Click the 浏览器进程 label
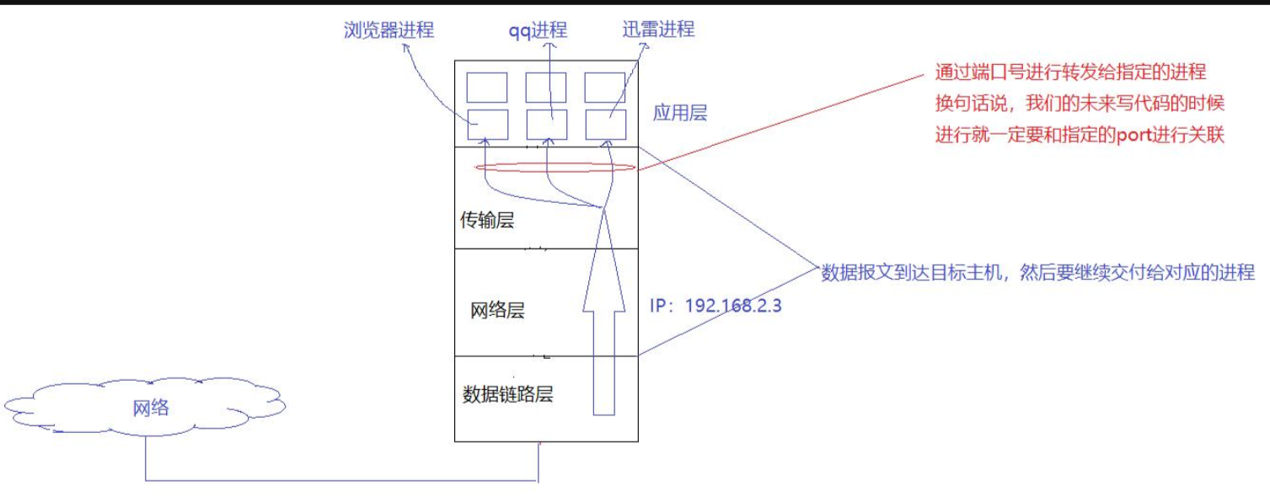point(389,31)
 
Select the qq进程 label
point(536,31)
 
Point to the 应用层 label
point(680,113)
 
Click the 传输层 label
point(486,221)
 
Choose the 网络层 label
point(497,310)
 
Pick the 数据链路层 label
point(507,393)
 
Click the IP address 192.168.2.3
point(715,305)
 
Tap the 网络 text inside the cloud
point(152,409)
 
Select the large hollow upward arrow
point(603,320)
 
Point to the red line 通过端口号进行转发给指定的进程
point(1070,72)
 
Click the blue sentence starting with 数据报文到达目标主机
point(1038,272)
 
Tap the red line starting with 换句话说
point(1079,104)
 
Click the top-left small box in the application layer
point(487,87)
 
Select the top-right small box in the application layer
point(604,87)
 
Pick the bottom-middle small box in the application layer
point(545,125)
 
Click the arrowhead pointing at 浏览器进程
point(405,48)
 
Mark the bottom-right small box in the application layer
point(604,125)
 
